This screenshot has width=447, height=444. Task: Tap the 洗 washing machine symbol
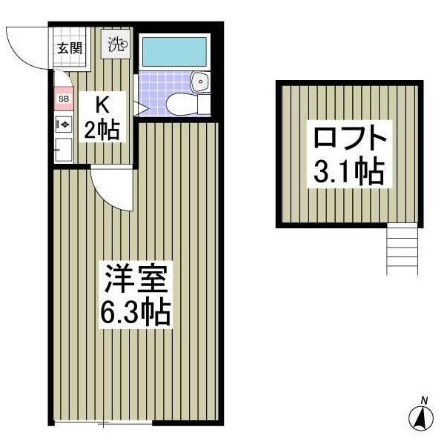click(118, 44)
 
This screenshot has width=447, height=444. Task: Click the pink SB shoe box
click(63, 99)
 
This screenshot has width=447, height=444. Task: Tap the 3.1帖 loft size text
click(348, 172)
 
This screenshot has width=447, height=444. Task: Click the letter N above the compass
click(424, 401)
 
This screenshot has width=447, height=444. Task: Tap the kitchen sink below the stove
click(62, 150)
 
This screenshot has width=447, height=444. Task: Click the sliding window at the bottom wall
click(103, 423)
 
